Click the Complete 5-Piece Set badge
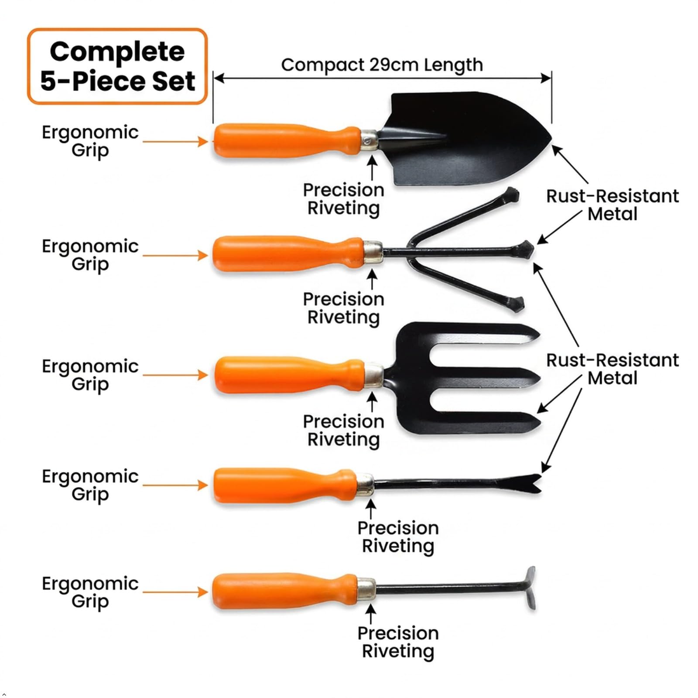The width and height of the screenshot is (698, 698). (x=117, y=66)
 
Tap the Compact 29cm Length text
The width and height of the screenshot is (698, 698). (x=382, y=65)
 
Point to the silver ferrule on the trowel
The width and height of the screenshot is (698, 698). (x=370, y=140)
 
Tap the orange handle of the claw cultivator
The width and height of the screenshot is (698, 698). (x=288, y=254)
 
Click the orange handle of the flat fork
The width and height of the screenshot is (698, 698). (x=289, y=375)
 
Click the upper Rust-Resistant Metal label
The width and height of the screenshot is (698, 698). (x=612, y=205)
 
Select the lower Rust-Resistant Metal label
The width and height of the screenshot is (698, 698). (x=612, y=369)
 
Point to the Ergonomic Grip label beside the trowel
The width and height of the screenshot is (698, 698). (x=90, y=141)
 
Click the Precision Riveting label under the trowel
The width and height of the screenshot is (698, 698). (x=344, y=199)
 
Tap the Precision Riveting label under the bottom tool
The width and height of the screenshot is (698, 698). (x=398, y=642)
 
